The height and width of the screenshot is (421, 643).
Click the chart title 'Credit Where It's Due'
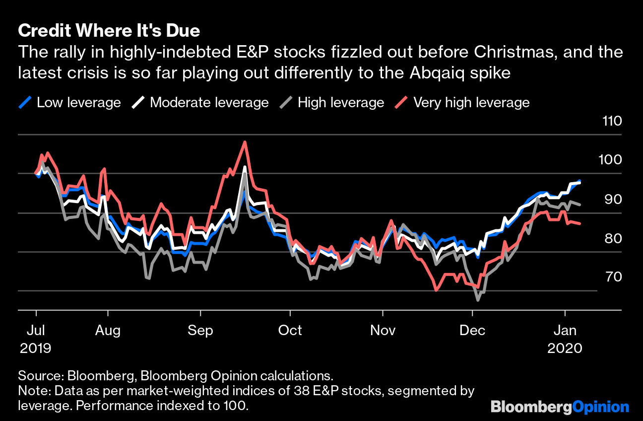click(109, 31)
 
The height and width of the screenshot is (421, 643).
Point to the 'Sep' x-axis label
click(200, 330)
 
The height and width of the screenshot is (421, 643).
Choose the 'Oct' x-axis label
click(290, 330)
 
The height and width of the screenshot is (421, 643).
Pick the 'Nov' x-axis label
click(383, 330)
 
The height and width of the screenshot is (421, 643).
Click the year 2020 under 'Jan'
click(565, 348)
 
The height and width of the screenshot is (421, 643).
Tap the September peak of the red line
click(245, 142)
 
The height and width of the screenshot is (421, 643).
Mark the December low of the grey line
click(478, 300)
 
